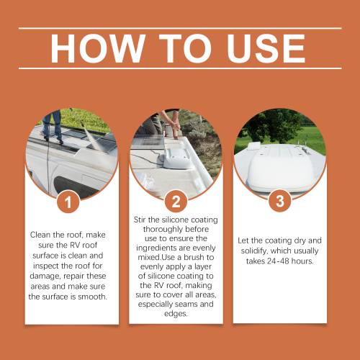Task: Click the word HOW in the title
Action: tap(98, 48)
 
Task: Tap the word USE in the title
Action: tap(266, 48)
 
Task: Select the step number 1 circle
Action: tap(68, 202)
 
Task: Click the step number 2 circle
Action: tap(176, 201)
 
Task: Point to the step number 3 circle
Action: tap(280, 201)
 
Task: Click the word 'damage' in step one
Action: tap(45, 276)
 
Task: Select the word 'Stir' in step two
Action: tap(140, 220)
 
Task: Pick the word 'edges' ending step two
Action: tap(176, 314)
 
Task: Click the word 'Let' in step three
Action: tap(243, 240)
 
